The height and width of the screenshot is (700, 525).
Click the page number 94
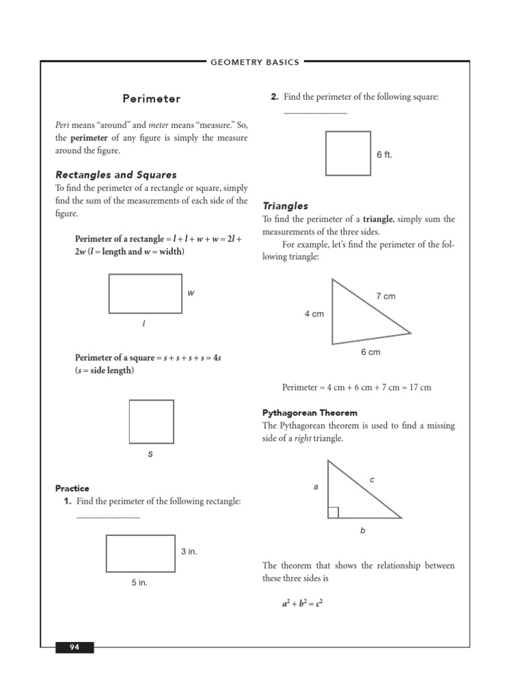pyautogui.click(x=75, y=647)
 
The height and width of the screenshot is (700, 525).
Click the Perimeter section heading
pyautogui.click(x=152, y=99)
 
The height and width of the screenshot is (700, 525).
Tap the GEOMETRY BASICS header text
pyautogui.click(x=255, y=62)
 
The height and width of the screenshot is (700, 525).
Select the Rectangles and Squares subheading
pyautogui.click(x=116, y=175)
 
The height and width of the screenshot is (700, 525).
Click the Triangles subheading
pyautogui.click(x=285, y=206)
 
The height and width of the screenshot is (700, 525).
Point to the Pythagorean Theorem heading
pyautogui.click(x=310, y=413)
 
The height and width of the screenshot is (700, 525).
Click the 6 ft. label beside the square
pyautogui.click(x=384, y=155)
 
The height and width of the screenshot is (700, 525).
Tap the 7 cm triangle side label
pyautogui.click(x=386, y=296)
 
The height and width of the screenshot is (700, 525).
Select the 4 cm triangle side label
pyautogui.click(x=314, y=314)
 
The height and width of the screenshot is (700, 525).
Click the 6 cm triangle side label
pyautogui.click(x=370, y=352)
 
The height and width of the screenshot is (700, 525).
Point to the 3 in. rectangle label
pyautogui.click(x=189, y=551)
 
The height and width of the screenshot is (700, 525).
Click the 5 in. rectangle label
pyautogui.click(x=139, y=583)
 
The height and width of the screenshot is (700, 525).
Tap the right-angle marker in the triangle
pyautogui.click(x=333, y=513)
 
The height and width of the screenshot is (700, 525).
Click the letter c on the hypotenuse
pyautogui.click(x=372, y=480)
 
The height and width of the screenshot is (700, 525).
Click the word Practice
pyautogui.click(x=72, y=488)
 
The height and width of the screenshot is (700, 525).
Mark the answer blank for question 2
pyautogui.click(x=315, y=113)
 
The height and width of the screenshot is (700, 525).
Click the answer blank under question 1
pyautogui.click(x=108, y=517)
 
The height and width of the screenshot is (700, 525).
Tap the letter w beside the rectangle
pyautogui.click(x=191, y=293)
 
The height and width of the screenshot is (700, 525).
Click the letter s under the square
pyautogui.click(x=150, y=454)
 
